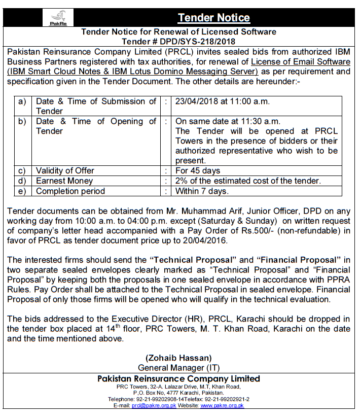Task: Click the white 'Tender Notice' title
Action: point(213,18)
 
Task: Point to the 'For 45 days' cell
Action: point(198,170)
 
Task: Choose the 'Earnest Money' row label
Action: point(64,181)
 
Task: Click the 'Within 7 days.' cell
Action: point(202,191)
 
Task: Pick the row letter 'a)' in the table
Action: point(22,101)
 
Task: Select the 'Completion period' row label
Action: point(70,191)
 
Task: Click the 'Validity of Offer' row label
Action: point(68,170)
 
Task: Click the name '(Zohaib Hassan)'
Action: point(178,358)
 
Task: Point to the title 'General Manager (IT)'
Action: point(178,367)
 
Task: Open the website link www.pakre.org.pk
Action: point(222,406)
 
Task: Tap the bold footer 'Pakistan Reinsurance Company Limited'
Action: point(178,378)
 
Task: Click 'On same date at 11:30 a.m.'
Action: point(228,121)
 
